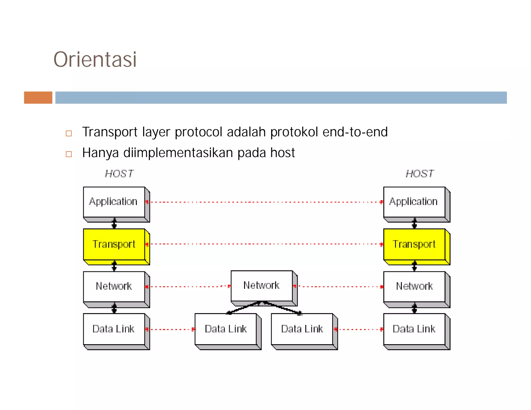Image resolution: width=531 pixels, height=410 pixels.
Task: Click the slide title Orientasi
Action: (x=95, y=60)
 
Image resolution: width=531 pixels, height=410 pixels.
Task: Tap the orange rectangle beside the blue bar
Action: (x=38, y=98)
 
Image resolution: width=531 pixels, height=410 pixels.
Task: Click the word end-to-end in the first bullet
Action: (x=355, y=132)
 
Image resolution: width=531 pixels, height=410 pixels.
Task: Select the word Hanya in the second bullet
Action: (x=100, y=153)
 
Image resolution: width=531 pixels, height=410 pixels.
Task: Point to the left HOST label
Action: (x=119, y=174)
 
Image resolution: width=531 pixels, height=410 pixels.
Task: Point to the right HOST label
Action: (x=420, y=174)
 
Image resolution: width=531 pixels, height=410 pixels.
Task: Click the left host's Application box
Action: (x=114, y=202)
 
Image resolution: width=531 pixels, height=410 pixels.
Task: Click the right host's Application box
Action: (x=414, y=202)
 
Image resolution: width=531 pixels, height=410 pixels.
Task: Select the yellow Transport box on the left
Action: (x=114, y=244)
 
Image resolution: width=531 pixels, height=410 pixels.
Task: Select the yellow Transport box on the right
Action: (x=414, y=244)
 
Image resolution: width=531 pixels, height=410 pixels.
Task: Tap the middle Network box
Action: (x=262, y=286)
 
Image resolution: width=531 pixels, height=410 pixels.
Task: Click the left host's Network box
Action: (x=114, y=287)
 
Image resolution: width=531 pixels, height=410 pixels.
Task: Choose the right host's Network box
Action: (x=414, y=287)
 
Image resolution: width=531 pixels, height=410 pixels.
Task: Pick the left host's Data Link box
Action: (x=114, y=329)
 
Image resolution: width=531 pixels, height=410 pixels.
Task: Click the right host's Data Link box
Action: (x=414, y=329)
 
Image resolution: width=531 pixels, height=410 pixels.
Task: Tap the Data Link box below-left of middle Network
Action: (x=226, y=329)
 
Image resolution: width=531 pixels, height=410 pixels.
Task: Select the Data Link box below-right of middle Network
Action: (x=302, y=329)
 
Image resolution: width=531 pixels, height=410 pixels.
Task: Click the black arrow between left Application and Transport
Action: (x=114, y=223)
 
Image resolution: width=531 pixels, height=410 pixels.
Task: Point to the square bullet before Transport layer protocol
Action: (x=69, y=133)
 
